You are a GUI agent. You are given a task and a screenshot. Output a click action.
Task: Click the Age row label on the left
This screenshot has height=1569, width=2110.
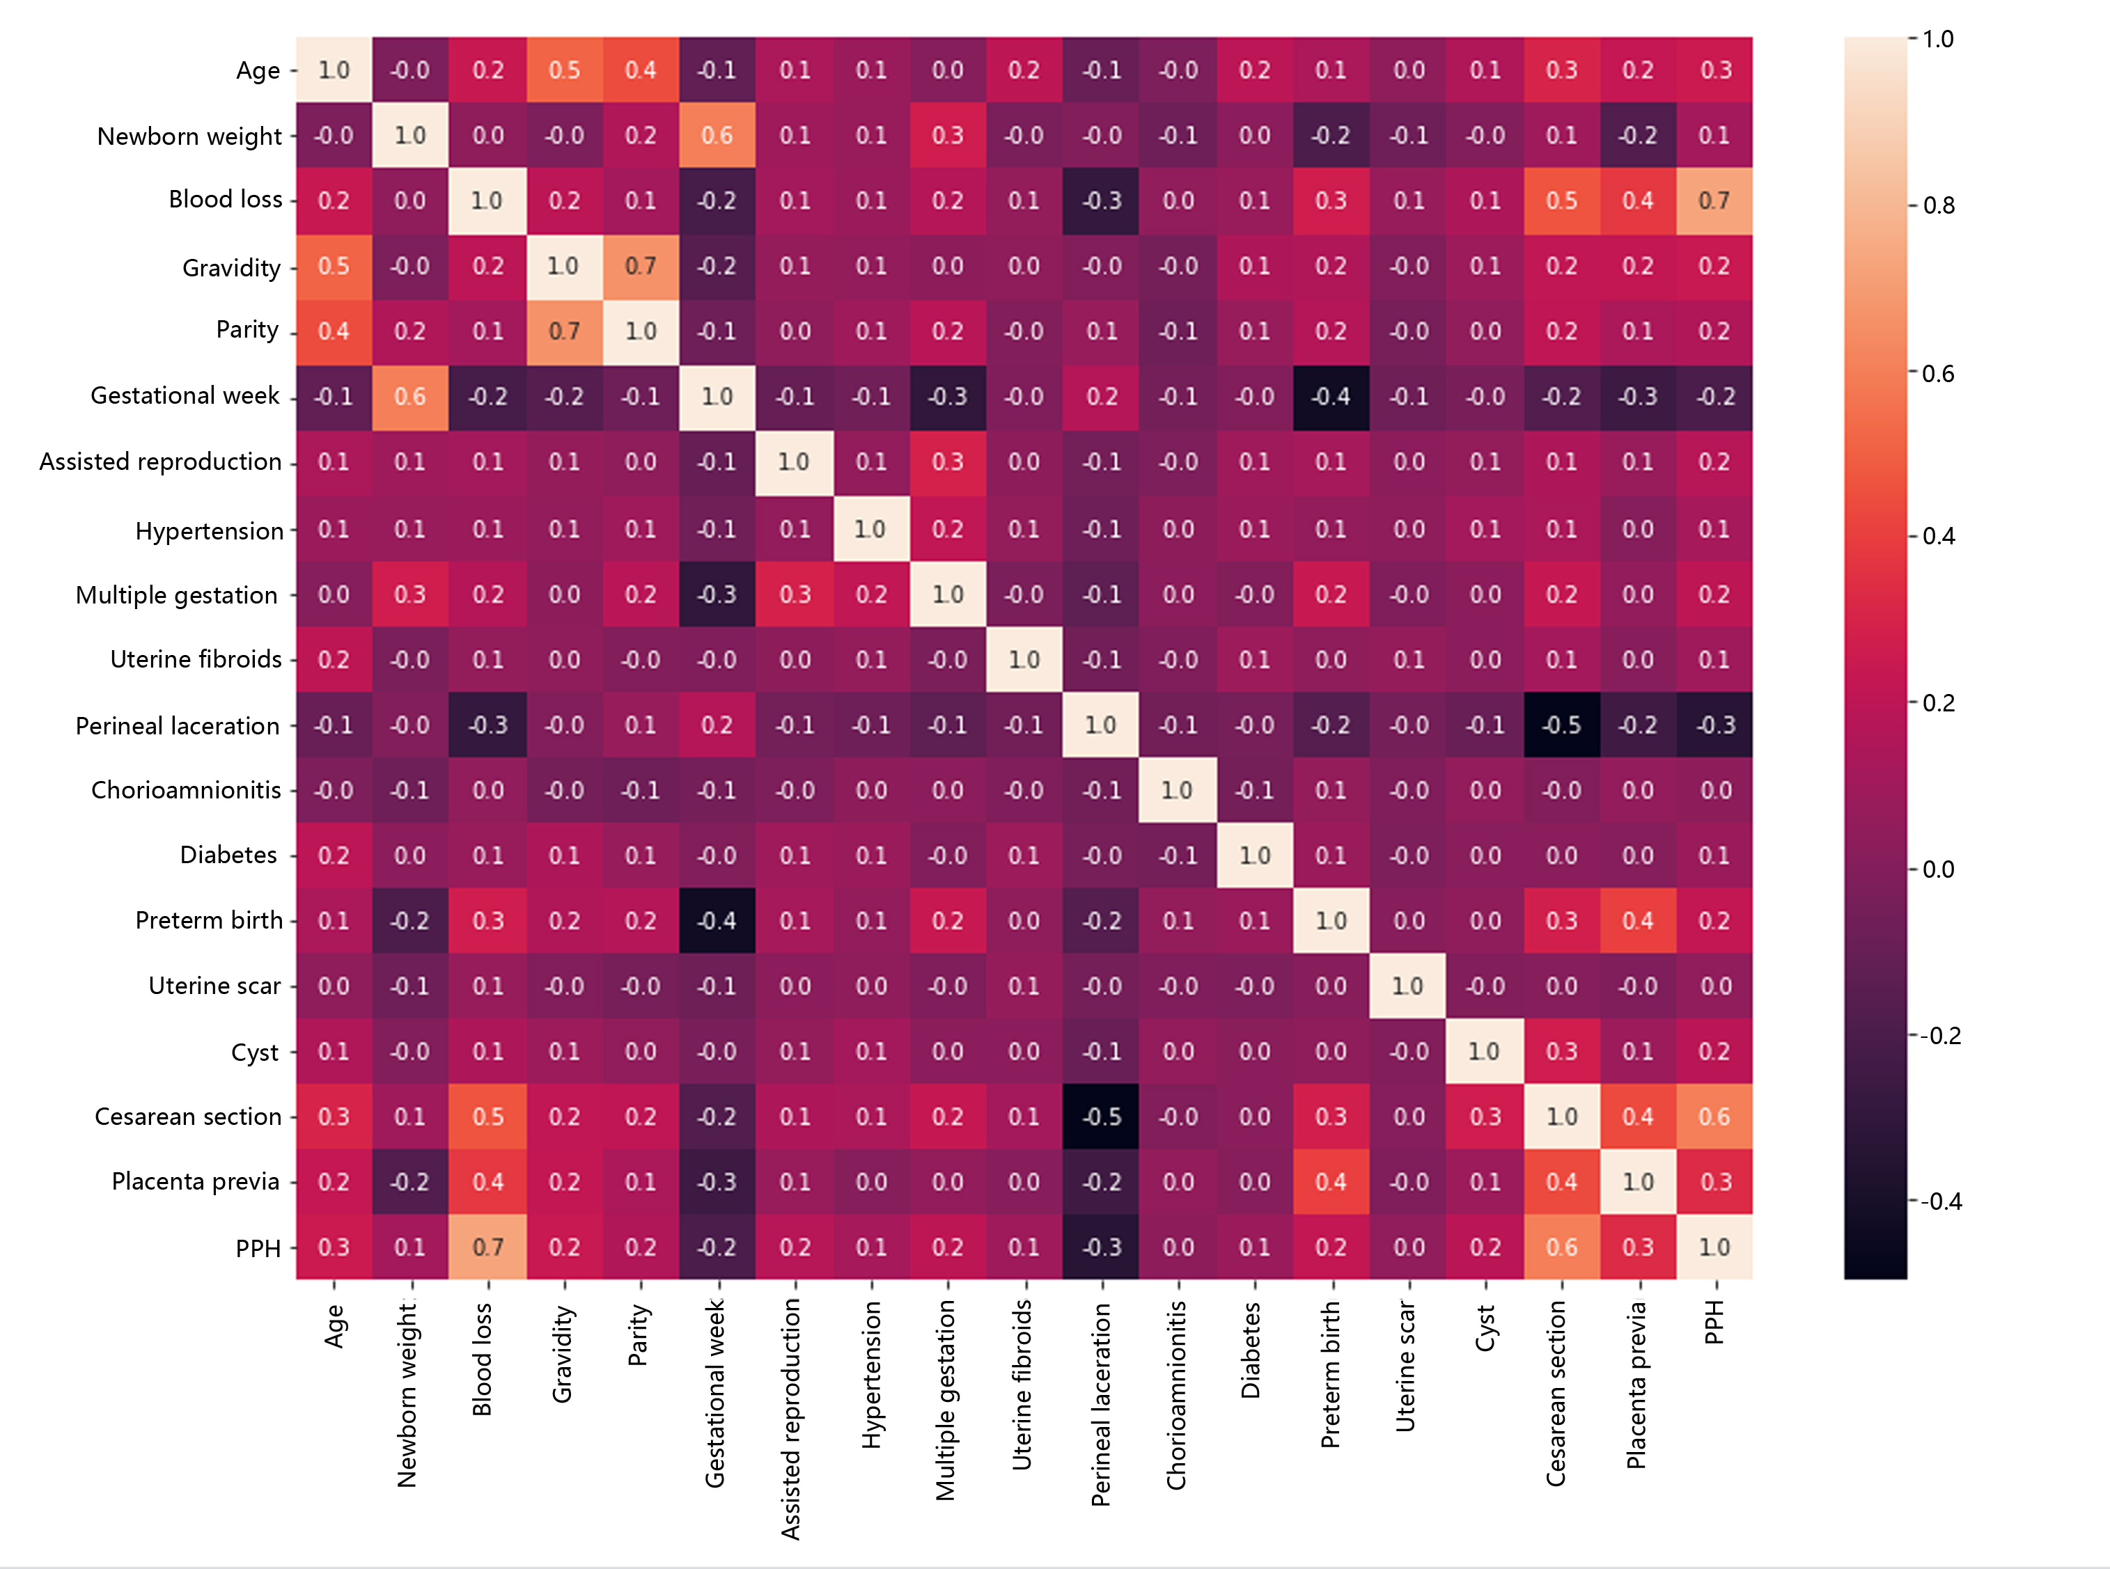[x=258, y=71]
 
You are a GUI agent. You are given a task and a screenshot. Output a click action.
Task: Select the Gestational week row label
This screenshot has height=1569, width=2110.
[x=185, y=396]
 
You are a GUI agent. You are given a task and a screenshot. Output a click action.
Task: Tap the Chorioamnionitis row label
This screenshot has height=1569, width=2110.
[x=186, y=790]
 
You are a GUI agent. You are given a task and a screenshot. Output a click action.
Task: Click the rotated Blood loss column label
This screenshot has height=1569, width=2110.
[x=483, y=1359]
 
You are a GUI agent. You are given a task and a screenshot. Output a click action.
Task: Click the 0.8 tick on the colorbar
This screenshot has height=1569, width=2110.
[x=1938, y=206]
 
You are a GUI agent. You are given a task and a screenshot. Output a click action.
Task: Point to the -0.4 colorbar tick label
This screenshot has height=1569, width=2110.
[x=1941, y=1202]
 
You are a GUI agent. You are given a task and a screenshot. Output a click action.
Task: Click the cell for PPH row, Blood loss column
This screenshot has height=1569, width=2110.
[x=488, y=1247]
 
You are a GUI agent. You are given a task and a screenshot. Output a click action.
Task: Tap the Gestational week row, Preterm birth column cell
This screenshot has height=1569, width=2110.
[x=1331, y=397]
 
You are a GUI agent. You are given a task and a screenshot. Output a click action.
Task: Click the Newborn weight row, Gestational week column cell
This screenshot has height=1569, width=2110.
[x=717, y=136]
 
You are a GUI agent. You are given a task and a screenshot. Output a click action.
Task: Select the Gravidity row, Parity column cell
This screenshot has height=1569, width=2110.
[x=641, y=267]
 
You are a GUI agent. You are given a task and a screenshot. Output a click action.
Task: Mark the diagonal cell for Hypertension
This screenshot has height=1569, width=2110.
[x=871, y=529]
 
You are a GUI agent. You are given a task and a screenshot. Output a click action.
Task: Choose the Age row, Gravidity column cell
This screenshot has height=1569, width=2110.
[x=564, y=70]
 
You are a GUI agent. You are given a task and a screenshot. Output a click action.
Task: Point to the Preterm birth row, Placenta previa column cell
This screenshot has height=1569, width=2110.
[x=1638, y=920]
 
